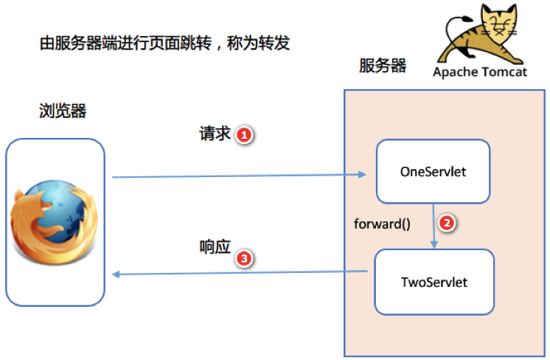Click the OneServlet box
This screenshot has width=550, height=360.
coord(433,171)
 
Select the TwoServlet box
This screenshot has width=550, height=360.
coord(433,282)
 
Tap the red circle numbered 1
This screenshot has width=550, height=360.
coord(245,135)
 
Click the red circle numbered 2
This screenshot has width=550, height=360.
coord(445,222)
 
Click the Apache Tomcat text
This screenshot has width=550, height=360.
coord(480,72)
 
